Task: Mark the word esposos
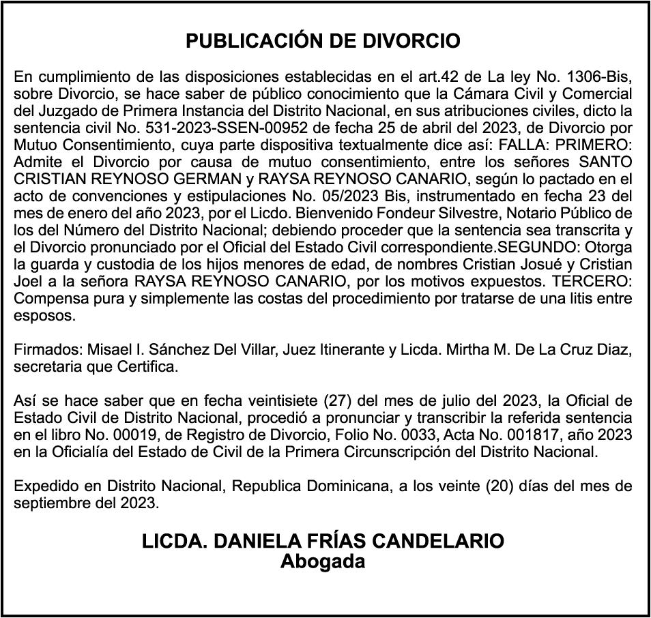(x=42, y=317)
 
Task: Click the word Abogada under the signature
(x=323, y=563)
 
